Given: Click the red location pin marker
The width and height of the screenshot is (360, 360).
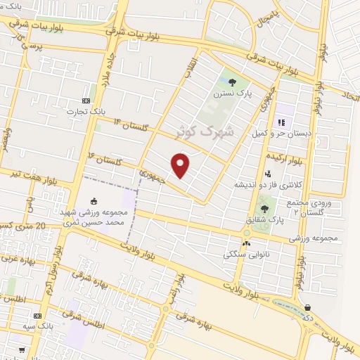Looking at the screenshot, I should point(181,165).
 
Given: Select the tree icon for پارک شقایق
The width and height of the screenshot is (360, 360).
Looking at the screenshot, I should point(264,208).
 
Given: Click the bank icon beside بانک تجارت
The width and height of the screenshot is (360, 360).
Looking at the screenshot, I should point(86,100).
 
